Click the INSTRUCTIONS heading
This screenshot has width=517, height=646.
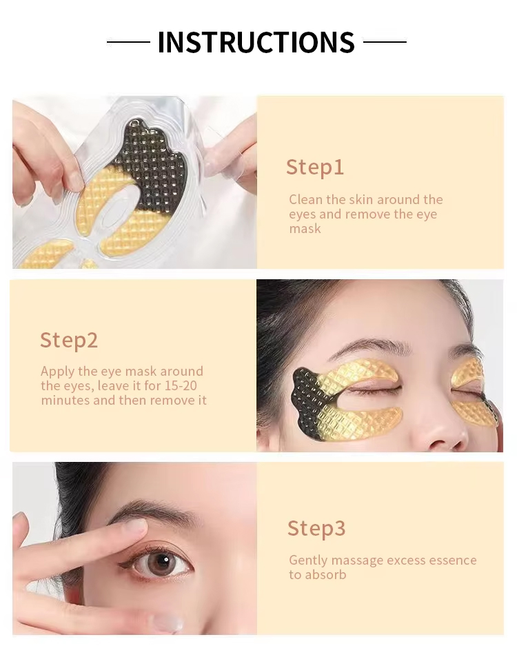(x=256, y=42)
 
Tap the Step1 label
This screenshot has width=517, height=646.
(x=315, y=168)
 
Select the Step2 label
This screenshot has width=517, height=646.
(x=69, y=341)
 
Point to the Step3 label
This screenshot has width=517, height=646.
(x=316, y=529)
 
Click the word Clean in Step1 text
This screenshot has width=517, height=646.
(x=305, y=200)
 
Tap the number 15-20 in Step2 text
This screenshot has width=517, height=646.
(x=181, y=386)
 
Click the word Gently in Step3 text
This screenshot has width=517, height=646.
(x=308, y=561)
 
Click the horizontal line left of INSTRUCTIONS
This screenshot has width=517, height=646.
(x=128, y=41)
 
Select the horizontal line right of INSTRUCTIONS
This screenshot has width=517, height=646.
(x=385, y=41)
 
